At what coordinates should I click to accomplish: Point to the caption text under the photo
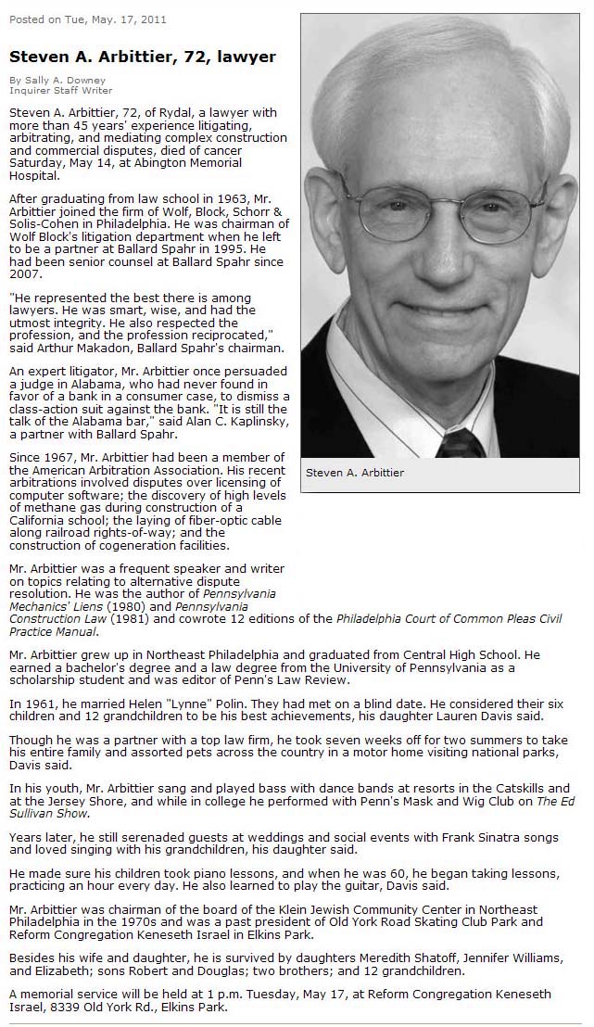click(355, 473)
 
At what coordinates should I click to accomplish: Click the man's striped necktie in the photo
click(461, 443)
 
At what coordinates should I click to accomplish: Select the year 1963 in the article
click(202, 199)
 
